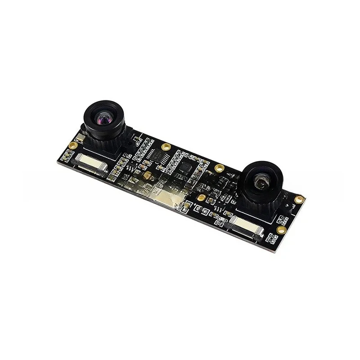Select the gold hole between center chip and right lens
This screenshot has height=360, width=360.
coord(219,168)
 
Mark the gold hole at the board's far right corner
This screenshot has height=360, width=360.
coord(299,198)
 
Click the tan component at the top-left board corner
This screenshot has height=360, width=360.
coord(81,135)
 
